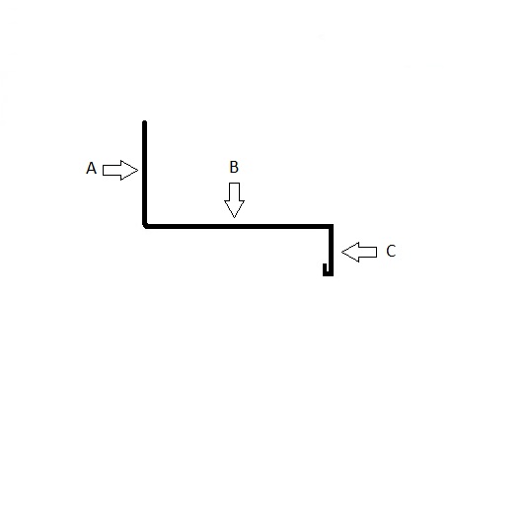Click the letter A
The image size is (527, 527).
(x=91, y=168)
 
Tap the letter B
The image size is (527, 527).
(x=234, y=167)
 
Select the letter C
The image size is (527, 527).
(x=391, y=251)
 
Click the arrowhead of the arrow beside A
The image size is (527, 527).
(x=129, y=170)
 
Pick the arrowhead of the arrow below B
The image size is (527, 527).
(x=234, y=208)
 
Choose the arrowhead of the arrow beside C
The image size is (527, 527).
(x=350, y=252)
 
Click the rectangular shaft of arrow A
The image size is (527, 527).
(x=112, y=170)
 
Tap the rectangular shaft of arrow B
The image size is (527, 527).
(x=234, y=191)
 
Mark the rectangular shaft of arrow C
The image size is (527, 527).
(x=368, y=252)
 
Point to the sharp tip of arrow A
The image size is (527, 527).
(x=138, y=171)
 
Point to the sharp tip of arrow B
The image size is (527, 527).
(x=234, y=218)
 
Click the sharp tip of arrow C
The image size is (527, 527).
(x=341, y=252)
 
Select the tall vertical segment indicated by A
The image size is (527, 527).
(x=144, y=173)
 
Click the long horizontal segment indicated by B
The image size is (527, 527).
(x=239, y=227)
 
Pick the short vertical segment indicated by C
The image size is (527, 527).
(x=331, y=250)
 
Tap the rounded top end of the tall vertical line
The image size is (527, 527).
(x=144, y=122)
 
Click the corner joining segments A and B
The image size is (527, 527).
(x=145, y=226)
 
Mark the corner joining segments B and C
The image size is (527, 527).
(x=331, y=227)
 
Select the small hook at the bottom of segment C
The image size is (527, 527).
(x=328, y=271)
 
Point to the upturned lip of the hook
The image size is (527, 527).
(x=325, y=268)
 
